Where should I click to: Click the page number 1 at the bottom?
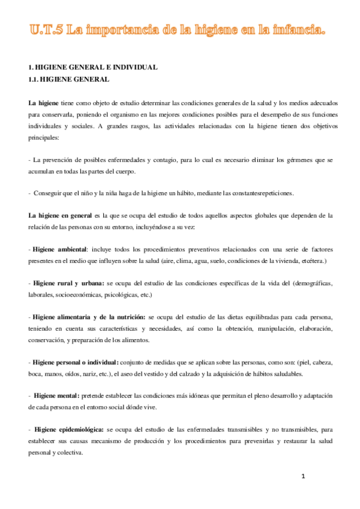pos(304,477)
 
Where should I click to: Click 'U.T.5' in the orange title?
pos(46,29)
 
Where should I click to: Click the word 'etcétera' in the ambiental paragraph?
pos(311,261)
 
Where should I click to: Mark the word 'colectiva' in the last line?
pos(75,454)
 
